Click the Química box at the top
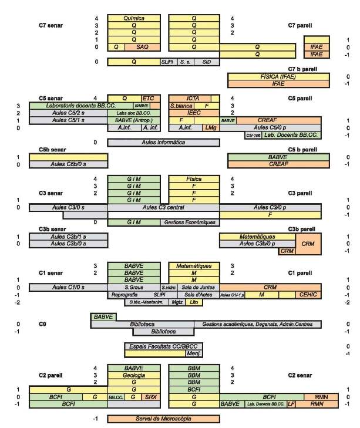[x=134, y=19]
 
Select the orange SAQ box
[x=143, y=46]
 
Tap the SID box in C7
[x=207, y=62]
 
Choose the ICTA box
[x=194, y=98]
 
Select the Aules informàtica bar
[x=163, y=142]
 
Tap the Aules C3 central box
[x=163, y=207]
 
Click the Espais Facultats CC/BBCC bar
[x=163, y=346]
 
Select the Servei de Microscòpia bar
[x=163, y=419]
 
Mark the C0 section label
[x=42, y=323]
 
